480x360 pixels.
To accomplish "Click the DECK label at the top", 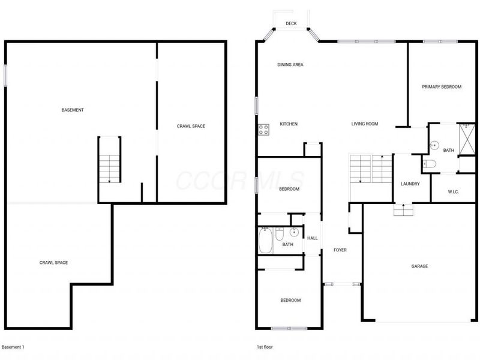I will [291, 23].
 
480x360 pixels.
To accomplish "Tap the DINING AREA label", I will [289, 64].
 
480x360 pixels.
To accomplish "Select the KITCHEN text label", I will [289, 124].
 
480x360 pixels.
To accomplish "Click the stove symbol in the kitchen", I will [263, 128].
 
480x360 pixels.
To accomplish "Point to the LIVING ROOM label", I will [365, 124].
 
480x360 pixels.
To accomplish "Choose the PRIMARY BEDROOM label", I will [442, 87].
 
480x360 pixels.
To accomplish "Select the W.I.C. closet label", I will [454, 192].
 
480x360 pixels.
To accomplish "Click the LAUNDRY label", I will [410, 184].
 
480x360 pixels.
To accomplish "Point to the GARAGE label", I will [419, 266].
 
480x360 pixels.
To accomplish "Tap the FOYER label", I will [340, 250].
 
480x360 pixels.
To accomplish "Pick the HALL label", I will [312, 238].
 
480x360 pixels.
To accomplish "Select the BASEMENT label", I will [73, 110].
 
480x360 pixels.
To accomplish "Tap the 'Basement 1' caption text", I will [13, 347].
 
